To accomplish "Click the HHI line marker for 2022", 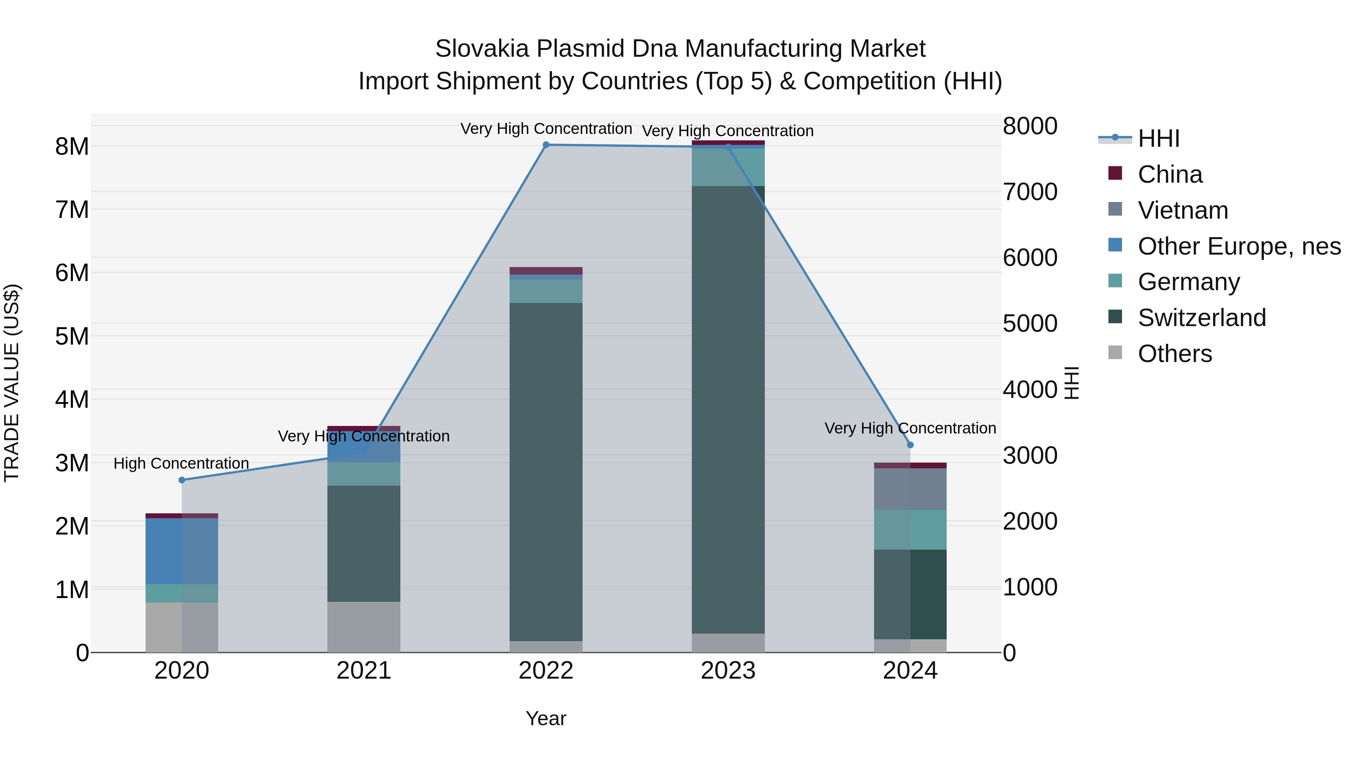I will (546, 145).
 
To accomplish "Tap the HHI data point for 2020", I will (182, 480).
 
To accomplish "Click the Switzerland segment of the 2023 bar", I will (728, 410).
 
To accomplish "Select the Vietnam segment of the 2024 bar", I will (910, 489).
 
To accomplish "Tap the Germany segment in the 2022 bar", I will (546, 291).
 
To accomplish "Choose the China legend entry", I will (1170, 174).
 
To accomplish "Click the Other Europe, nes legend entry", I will (1239, 246).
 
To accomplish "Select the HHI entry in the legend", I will (1158, 138).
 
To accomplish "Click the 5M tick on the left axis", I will (72, 336).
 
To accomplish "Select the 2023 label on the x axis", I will (728, 671).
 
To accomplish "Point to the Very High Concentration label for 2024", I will (910, 428).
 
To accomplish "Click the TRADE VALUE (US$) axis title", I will (12, 383).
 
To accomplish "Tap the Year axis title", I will (546, 718).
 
